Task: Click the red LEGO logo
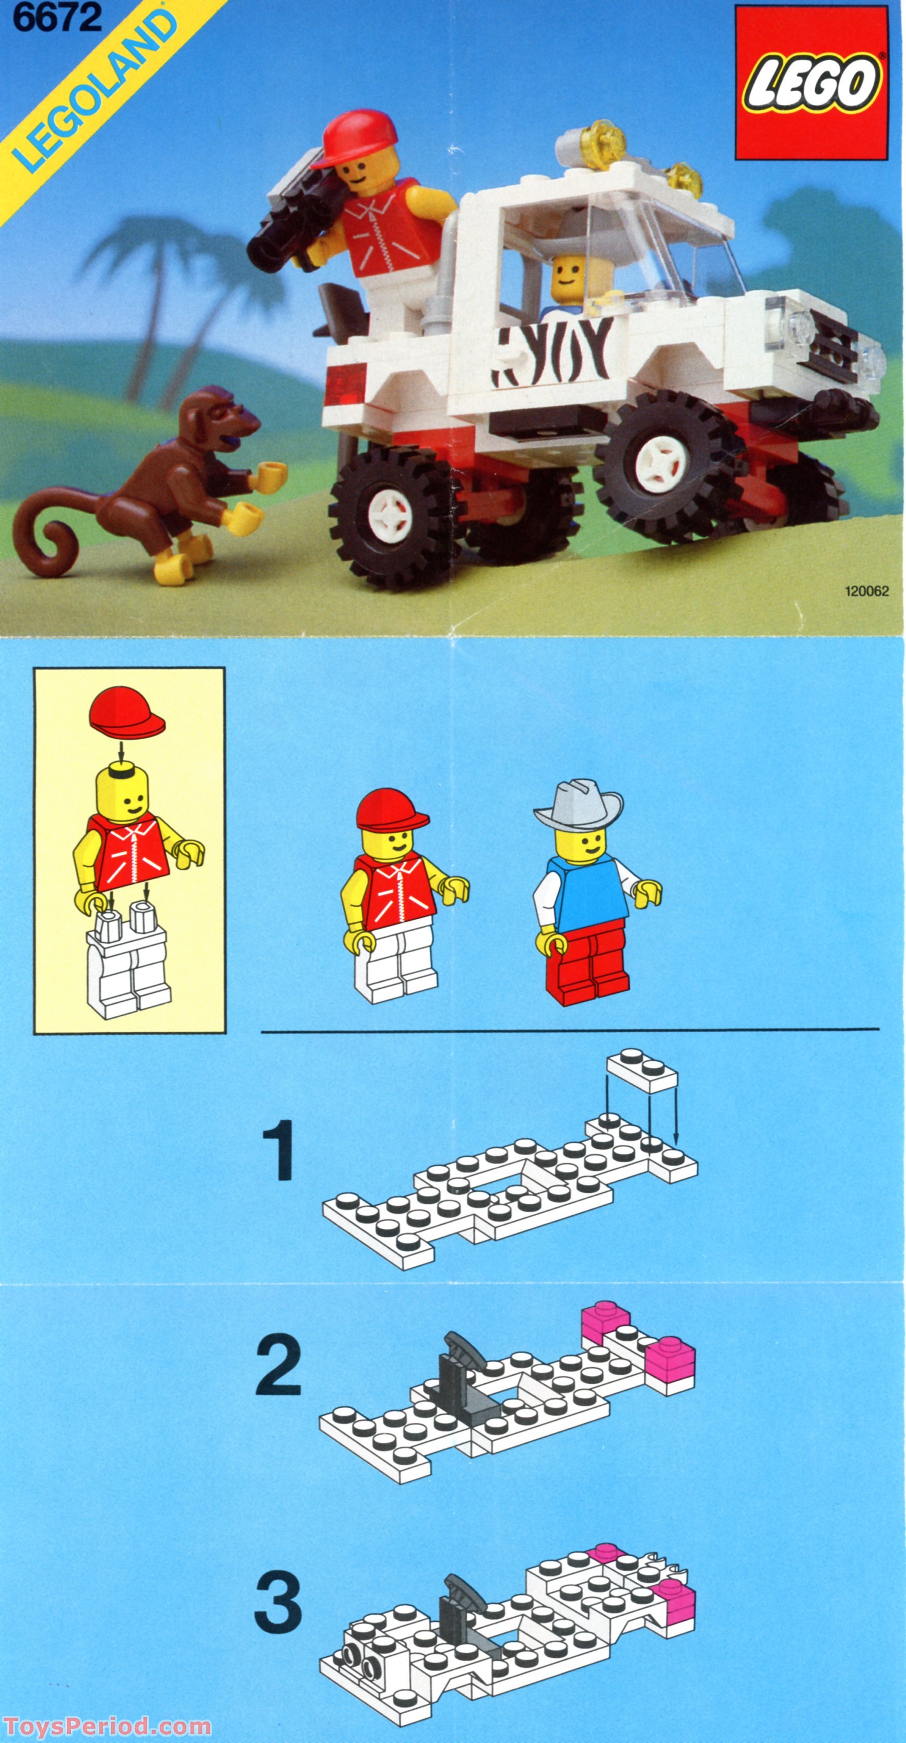click(x=810, y=82)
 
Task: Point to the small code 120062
click(x=866, y=591)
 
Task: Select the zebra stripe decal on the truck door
click(x=555, y=352)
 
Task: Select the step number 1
click(x=277, y=1151)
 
